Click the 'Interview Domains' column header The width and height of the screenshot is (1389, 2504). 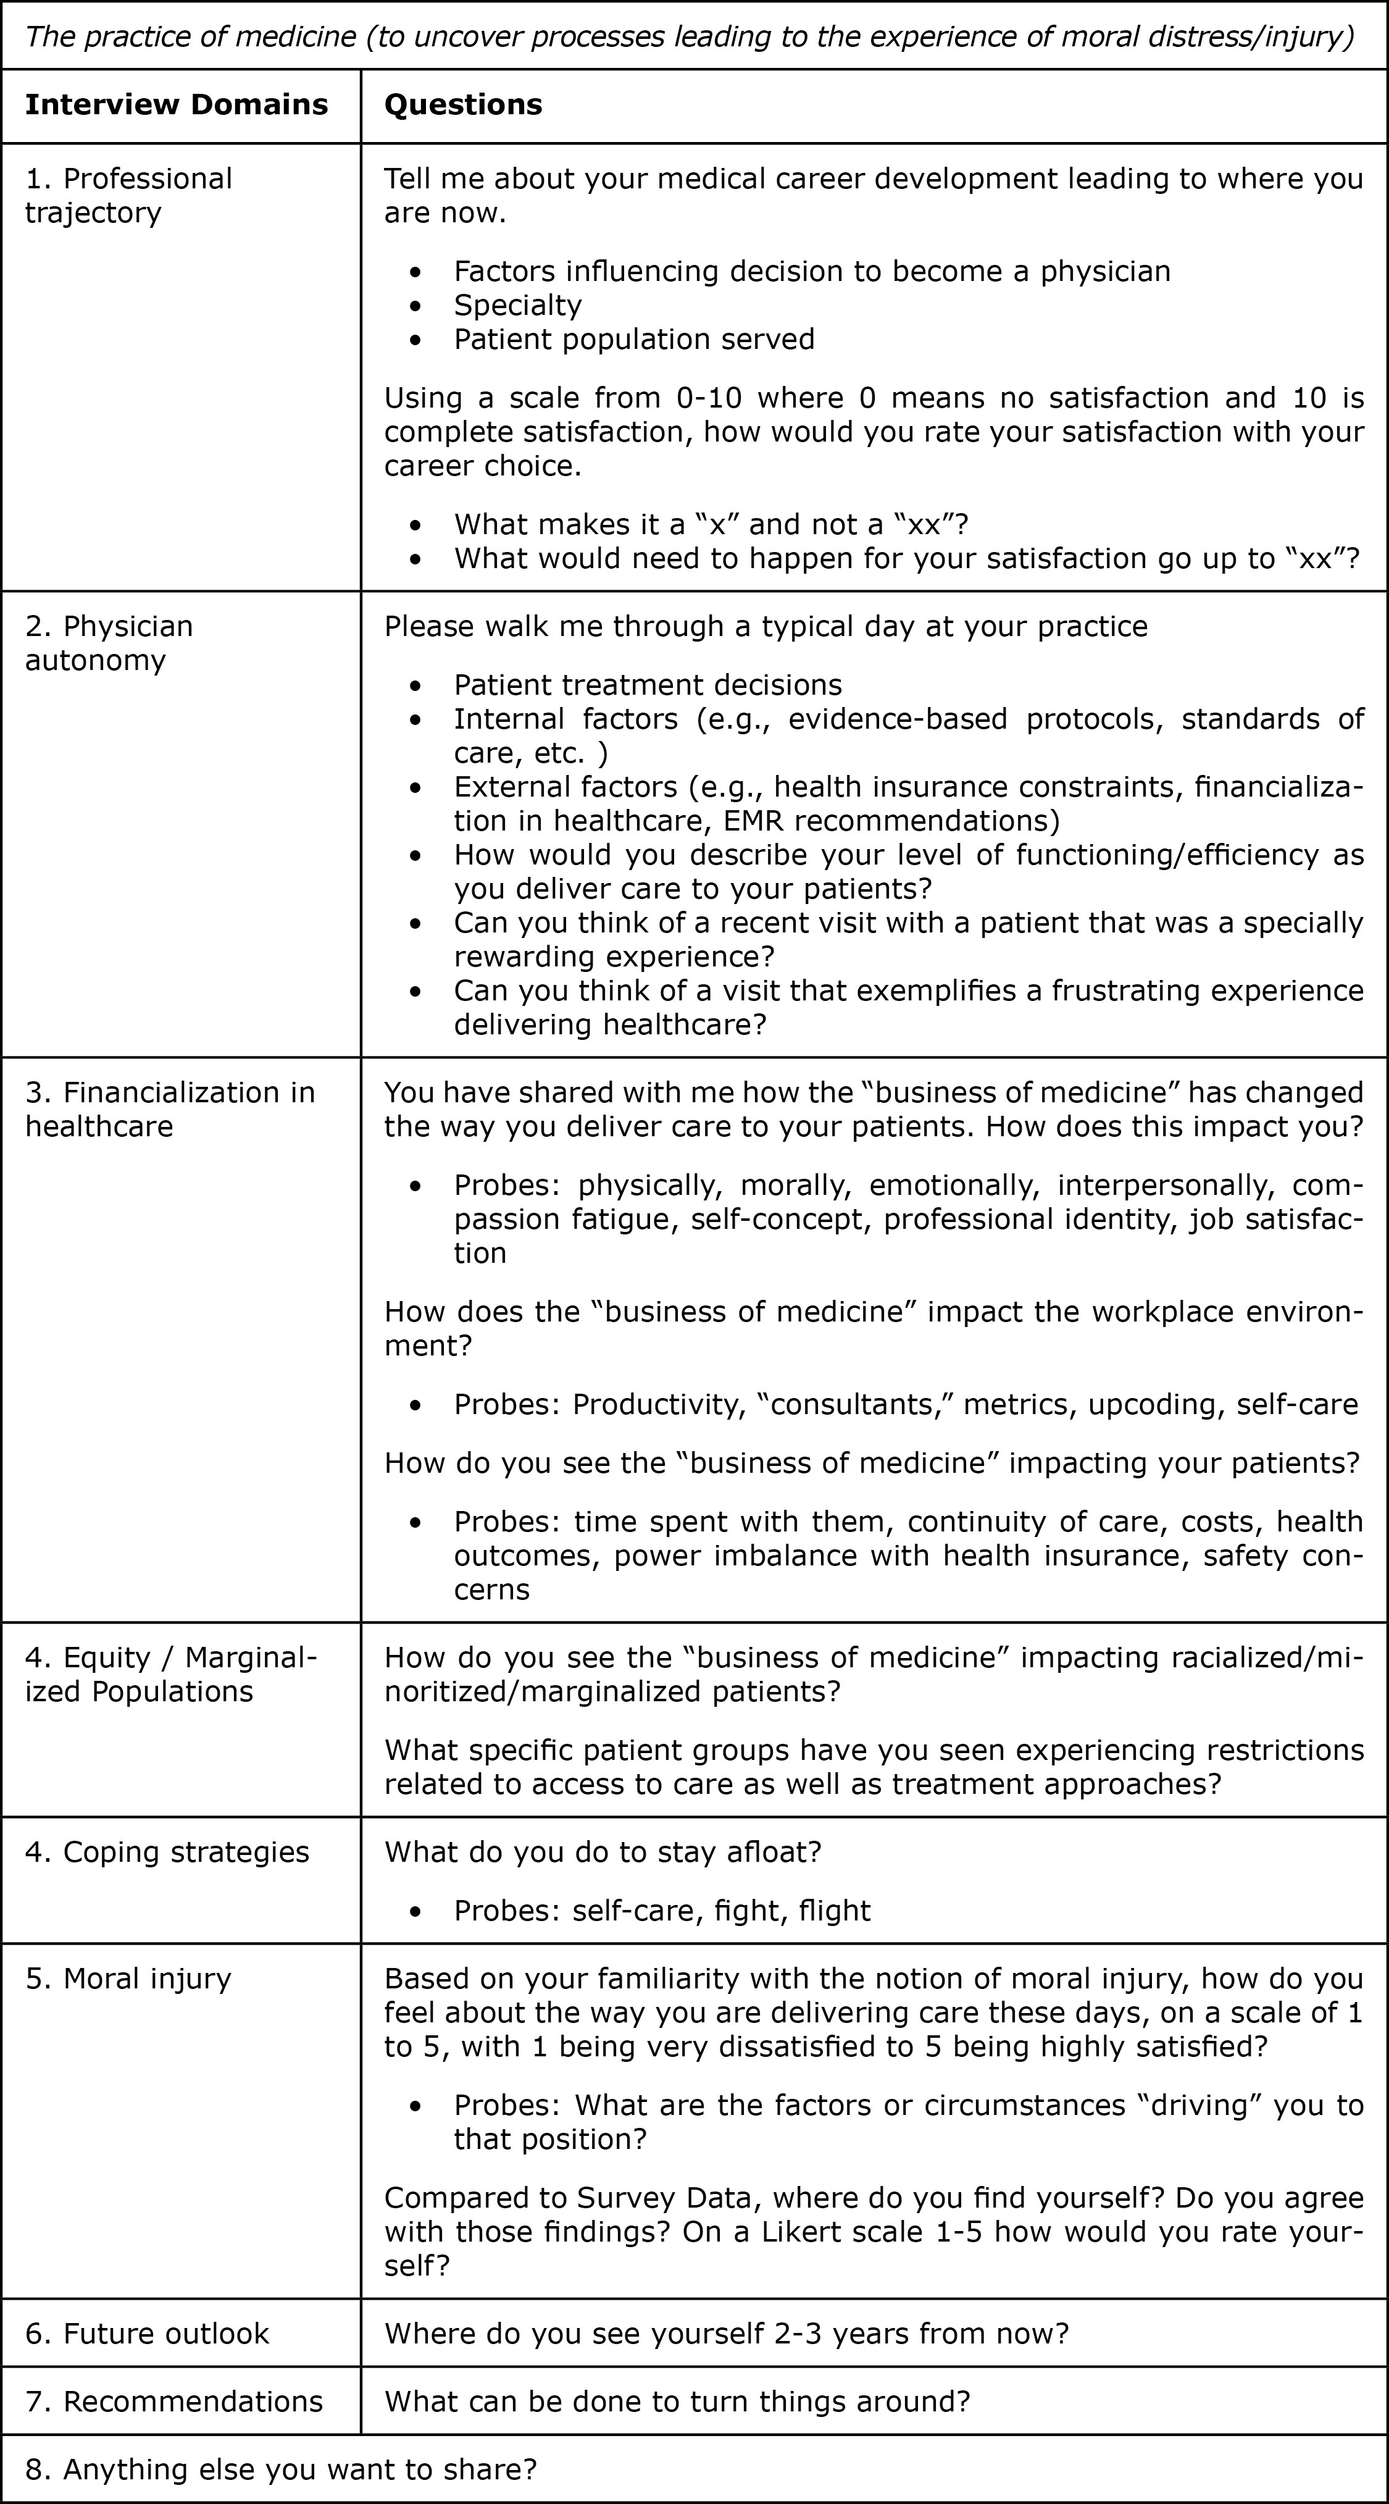(176, 105)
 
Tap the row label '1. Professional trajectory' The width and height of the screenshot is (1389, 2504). (128, 195)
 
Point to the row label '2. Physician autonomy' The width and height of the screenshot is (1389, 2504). (109, 643)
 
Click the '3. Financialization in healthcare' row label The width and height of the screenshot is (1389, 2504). (170, 1109)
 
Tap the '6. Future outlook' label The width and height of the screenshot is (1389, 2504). (147, 2334)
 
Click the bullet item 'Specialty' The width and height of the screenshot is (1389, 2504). (517, 305)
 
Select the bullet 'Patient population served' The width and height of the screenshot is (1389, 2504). (634, 339)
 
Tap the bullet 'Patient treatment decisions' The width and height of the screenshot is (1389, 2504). (648, 685)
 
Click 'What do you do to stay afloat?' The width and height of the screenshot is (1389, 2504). (603, 1852)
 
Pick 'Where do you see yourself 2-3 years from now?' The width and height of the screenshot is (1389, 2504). (726, 2334)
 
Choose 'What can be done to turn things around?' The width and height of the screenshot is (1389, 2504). (677, 2402)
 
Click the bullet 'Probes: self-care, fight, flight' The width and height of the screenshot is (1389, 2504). (662, 1911)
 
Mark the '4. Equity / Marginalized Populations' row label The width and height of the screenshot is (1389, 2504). (170, 1675)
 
